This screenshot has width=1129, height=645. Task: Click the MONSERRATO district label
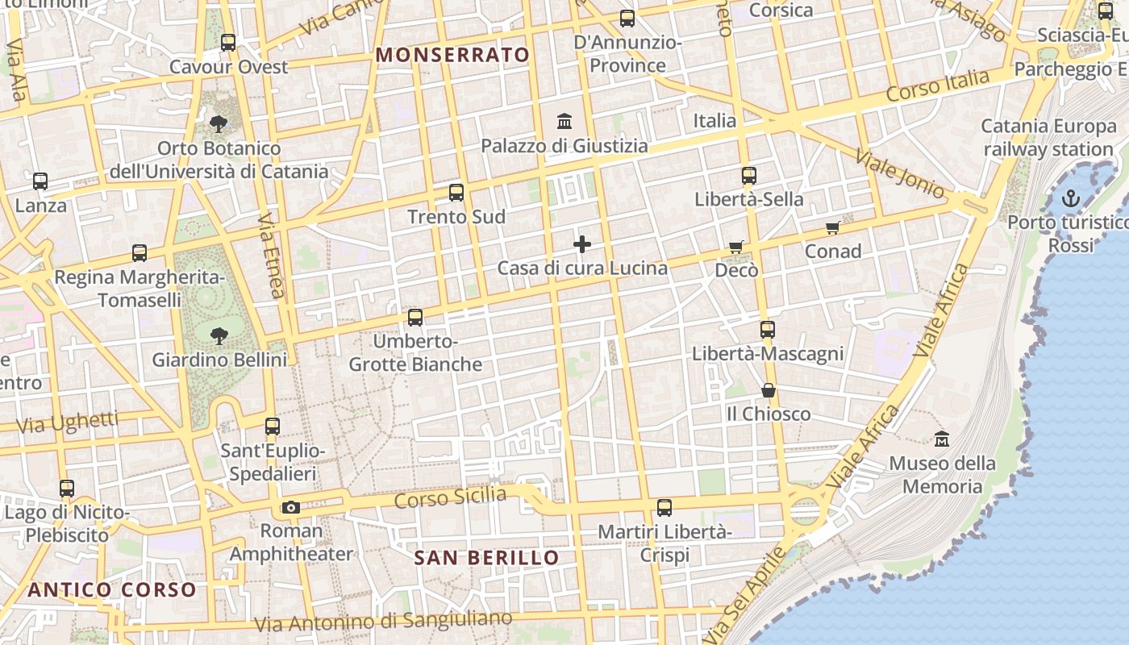click(x=453, y=55)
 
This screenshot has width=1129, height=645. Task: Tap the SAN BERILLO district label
click(x=486, y=558)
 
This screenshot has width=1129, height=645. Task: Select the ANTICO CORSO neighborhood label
click(x=112, y=589)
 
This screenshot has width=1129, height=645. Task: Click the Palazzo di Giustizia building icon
click(x=564, y=122)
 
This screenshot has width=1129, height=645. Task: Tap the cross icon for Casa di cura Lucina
click(x=582, y=244)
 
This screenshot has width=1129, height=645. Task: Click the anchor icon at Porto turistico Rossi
click(x=1071, y=198)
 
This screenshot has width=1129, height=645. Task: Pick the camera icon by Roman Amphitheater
click(x=291, y=507)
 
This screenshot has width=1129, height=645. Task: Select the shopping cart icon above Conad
click(x=833, y=228)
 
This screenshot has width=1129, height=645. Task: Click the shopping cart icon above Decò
click(x=735, y=247)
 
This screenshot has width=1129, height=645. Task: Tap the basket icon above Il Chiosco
click(x=769, y=390)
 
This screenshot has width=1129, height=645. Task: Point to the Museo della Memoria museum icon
click(x=942, y=439)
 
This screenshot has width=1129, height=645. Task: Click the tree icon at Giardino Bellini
click(x=219, y=335)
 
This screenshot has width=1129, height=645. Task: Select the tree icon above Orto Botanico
click(x=218, y=124)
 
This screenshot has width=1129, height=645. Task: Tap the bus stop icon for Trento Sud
click(x=456, y=193)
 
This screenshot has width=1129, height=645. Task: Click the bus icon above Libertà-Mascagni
click(x=767, y=330)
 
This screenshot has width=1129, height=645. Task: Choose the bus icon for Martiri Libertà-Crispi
click(x=664, y=508)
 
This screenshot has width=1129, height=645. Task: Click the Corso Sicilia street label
click(x=450, y=497)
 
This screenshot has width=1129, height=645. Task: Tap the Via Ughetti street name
click(x=67, y=422)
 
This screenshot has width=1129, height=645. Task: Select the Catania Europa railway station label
click(x=1048, y=138)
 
